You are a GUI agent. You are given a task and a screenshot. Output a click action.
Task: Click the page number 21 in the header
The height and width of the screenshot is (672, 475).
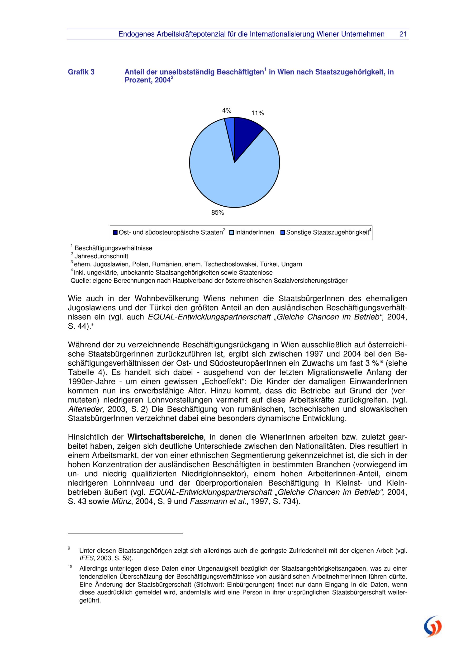pos(403,34)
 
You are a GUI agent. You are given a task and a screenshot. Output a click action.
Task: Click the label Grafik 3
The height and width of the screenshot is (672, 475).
pos(81,72)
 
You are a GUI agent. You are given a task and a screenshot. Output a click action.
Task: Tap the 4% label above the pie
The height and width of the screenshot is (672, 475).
pos(227,111)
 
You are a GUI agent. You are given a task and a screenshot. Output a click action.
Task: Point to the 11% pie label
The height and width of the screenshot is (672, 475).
pos(257,113)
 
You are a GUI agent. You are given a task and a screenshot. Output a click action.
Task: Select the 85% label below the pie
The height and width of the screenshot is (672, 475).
pos(218,213)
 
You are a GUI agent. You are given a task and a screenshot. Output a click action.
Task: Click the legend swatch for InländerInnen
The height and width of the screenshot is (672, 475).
pos(232,233)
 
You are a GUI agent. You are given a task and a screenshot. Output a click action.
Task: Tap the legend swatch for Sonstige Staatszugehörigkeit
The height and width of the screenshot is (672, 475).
pos(282,233)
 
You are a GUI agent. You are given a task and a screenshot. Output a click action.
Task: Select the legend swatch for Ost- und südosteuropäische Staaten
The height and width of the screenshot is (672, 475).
pos(115,233)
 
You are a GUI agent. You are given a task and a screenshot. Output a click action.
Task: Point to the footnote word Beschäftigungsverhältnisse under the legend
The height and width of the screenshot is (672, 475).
pos(113,248)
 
